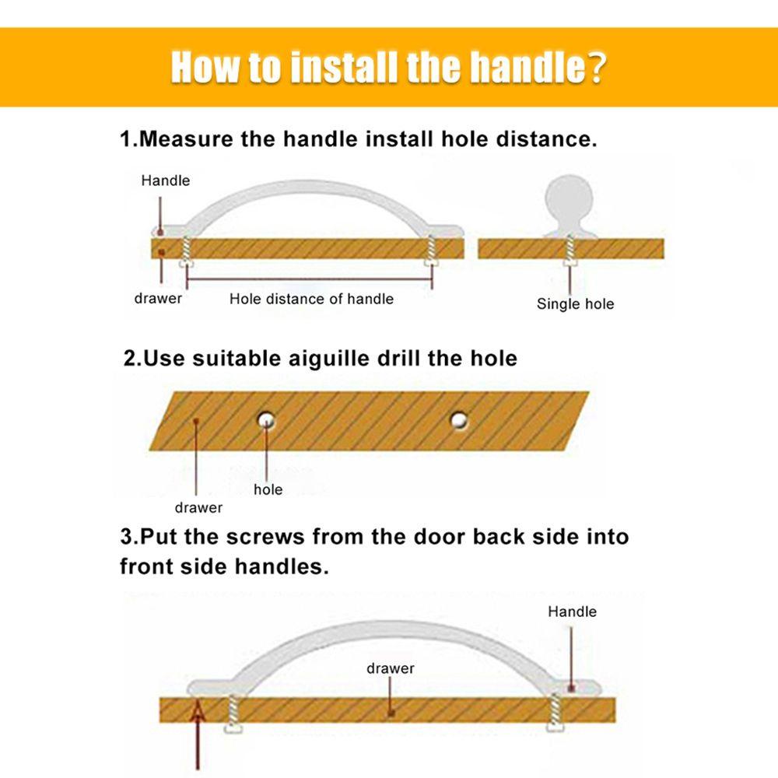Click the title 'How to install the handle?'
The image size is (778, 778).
tap(388, 67)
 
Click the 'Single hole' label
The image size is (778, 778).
tap(575, 303)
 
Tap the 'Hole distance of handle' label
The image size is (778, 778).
tap(312, 299)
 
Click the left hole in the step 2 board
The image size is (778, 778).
tap(266, 420)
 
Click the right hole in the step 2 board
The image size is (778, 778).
tap(459, 420)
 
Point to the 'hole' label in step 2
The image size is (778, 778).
tap(268, 489)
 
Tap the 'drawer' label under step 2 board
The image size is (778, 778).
tap(198, 507)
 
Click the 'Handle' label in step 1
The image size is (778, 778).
tap(165, 180)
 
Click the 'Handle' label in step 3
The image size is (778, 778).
tap(572, 612)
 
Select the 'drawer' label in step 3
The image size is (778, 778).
tap(391, 668)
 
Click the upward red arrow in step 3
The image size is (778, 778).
tap(198, 734)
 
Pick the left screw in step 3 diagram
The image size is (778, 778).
tap(233, 713)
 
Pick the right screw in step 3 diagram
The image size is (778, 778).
tap(555, 713)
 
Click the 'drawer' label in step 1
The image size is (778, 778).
tap(158, 298)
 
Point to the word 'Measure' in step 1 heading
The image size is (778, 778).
tap(186, 138)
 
